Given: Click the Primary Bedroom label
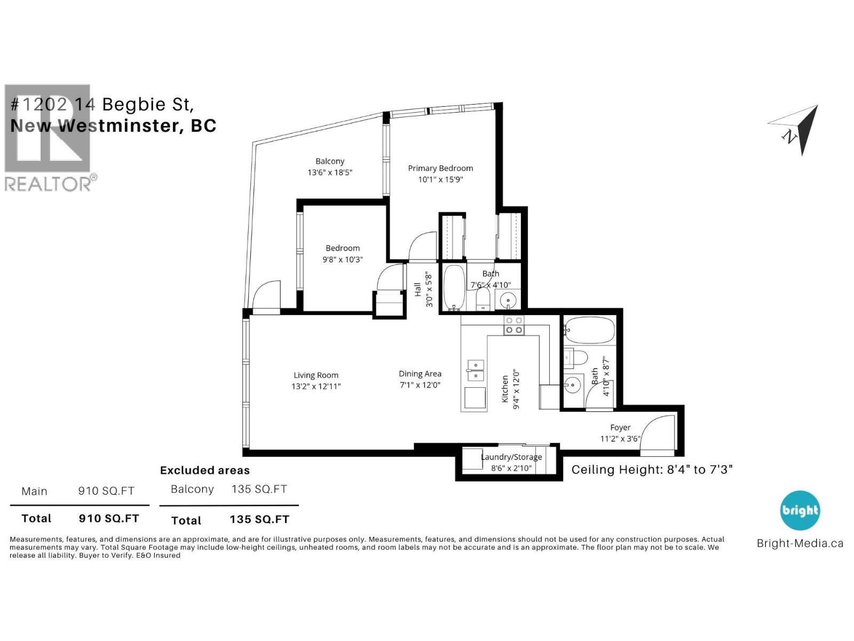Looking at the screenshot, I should (x=440, y=168).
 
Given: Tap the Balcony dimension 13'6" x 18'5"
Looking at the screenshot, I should (x=329, y=173).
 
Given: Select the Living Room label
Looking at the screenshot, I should (x=316, y=375).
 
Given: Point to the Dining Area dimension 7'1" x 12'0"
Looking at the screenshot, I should (x=420, y=385).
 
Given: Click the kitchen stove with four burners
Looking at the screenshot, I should (x=514, y=325).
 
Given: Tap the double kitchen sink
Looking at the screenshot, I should (x=475, y=370).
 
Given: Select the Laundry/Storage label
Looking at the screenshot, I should (x=511, y=457).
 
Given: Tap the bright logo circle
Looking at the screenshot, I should (x=800, y=511).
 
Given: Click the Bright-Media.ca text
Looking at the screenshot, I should (x=800, y=544).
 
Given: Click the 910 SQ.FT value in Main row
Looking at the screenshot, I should (x=106, y=491).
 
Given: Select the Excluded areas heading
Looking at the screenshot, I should (x=205, y=471).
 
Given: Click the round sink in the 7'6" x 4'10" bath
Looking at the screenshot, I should (x=508, y=301).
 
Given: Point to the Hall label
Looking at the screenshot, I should (x=418, y=290).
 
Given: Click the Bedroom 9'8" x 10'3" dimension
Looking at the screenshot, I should (x=342, y=260).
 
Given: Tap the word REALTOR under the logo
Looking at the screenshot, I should (x=48, y=184).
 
